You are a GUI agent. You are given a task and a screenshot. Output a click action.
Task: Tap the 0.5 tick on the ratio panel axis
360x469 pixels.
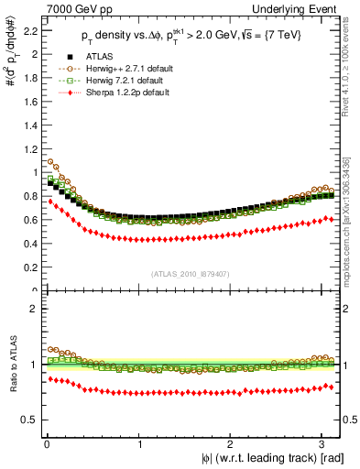(x=28, y=420)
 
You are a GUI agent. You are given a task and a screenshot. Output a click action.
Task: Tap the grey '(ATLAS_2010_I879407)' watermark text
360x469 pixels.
(x=191, y=273)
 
